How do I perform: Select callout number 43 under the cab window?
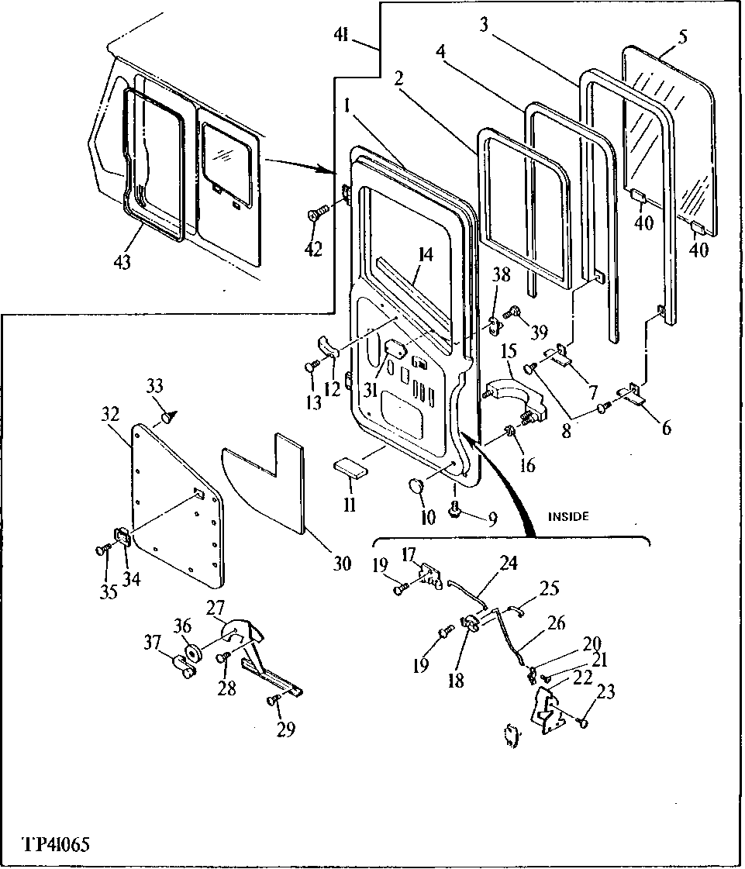(x=122, y=262)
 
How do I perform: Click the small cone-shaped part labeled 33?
(x=165, y=419)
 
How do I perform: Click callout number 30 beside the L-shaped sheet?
(x=342, y=564)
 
